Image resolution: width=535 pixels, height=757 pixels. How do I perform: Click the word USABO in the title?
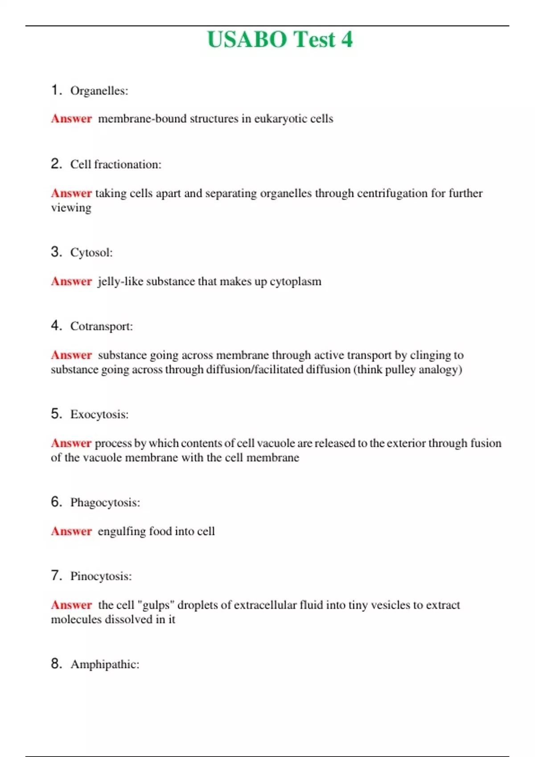tap(247, 39)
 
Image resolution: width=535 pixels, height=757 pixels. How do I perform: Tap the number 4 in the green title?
tap(347, 39)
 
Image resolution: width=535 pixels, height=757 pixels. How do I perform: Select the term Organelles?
tap(99, 91)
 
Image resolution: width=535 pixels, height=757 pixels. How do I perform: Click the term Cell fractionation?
tap(115, 164)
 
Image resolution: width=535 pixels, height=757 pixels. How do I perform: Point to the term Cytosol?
tap(91, 252)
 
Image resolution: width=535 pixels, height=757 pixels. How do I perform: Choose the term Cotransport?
tap(101, 326)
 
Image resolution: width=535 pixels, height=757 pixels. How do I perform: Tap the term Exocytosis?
tap(99, 415)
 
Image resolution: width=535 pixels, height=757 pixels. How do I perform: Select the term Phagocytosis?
tap(105, 503)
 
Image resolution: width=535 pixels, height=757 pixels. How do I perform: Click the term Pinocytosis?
tap(101, 576)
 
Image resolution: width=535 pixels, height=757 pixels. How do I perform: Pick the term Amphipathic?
tap(105, 664)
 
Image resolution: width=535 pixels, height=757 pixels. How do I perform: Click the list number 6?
tap(56, 502)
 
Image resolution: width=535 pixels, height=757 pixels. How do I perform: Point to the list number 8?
tap(56, 663)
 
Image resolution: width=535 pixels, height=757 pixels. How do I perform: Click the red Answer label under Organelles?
tap(71, 119)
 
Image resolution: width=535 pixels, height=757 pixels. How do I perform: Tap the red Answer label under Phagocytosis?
tap(71, 531)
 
